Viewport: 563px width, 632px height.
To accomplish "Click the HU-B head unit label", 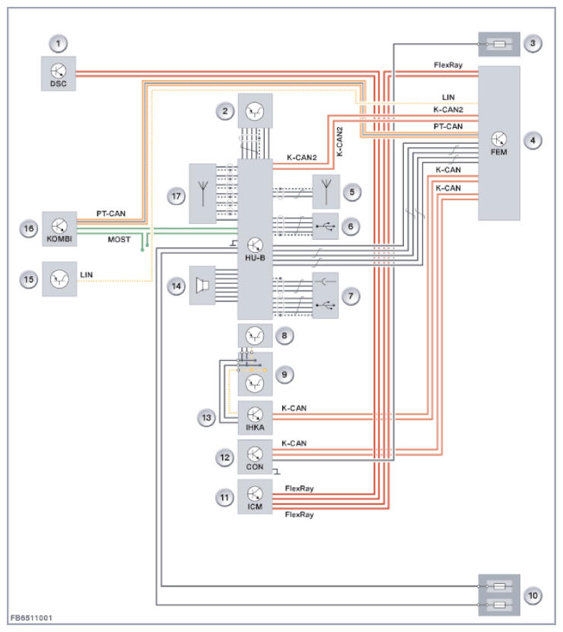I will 255,257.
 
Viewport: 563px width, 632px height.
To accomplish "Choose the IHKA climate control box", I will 255,417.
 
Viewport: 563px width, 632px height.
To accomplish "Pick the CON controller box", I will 255,457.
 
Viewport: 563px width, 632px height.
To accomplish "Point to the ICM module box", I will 255,496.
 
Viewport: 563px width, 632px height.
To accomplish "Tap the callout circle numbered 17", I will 176,195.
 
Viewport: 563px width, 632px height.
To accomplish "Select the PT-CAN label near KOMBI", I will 111,213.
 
